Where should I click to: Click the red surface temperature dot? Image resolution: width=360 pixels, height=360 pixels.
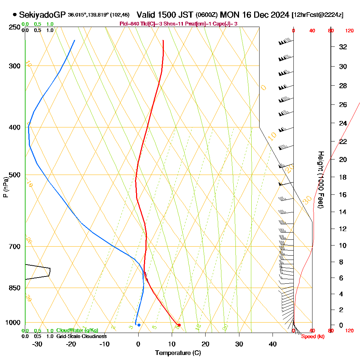179,325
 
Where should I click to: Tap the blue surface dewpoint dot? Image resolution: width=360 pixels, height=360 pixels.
139,325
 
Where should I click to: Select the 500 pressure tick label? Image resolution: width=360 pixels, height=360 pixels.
15,175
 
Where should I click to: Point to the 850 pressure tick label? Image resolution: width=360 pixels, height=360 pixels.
15,288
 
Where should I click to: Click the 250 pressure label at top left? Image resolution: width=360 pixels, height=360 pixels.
15,27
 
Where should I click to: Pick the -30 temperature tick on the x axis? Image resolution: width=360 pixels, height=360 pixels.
37,344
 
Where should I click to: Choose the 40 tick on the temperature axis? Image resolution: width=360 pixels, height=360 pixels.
273,344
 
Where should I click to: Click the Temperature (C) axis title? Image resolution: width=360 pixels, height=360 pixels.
178,353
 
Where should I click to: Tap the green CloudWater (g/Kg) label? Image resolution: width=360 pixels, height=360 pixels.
77,330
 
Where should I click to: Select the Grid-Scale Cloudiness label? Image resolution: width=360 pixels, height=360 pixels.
81,336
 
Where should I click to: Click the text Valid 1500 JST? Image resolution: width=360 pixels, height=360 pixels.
165,15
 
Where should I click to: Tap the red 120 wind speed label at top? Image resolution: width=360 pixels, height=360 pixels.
349,31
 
